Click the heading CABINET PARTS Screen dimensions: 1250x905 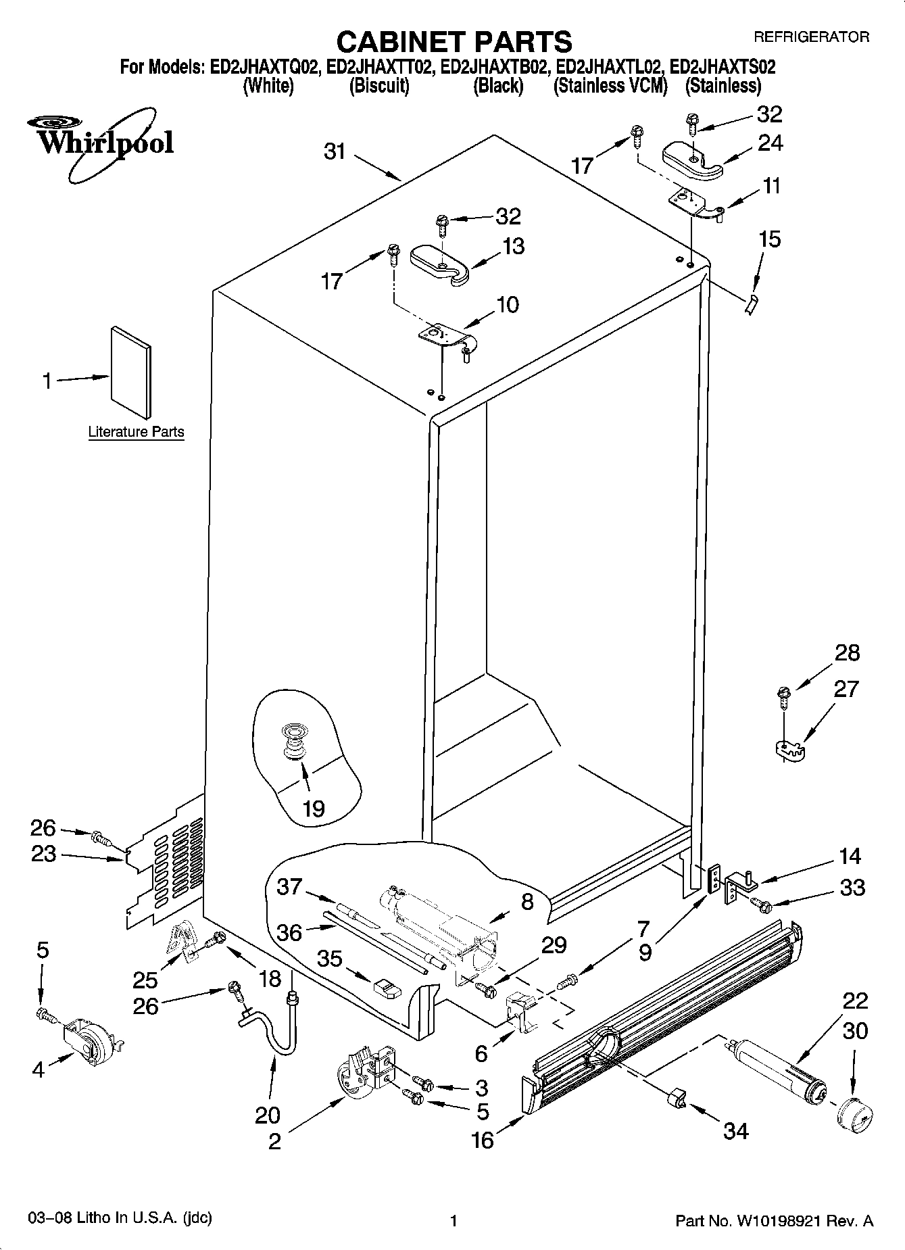(x=454, y=41)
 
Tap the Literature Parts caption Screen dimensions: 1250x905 (x=136, y=432)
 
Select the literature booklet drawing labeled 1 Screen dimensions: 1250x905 (x=131, y=372)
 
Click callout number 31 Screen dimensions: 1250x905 (x=335, y=151)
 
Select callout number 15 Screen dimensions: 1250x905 (x=769, y=239)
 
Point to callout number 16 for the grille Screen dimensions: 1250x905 (x=483, y=1140)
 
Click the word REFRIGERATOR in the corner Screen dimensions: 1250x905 (x=811, y=37)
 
